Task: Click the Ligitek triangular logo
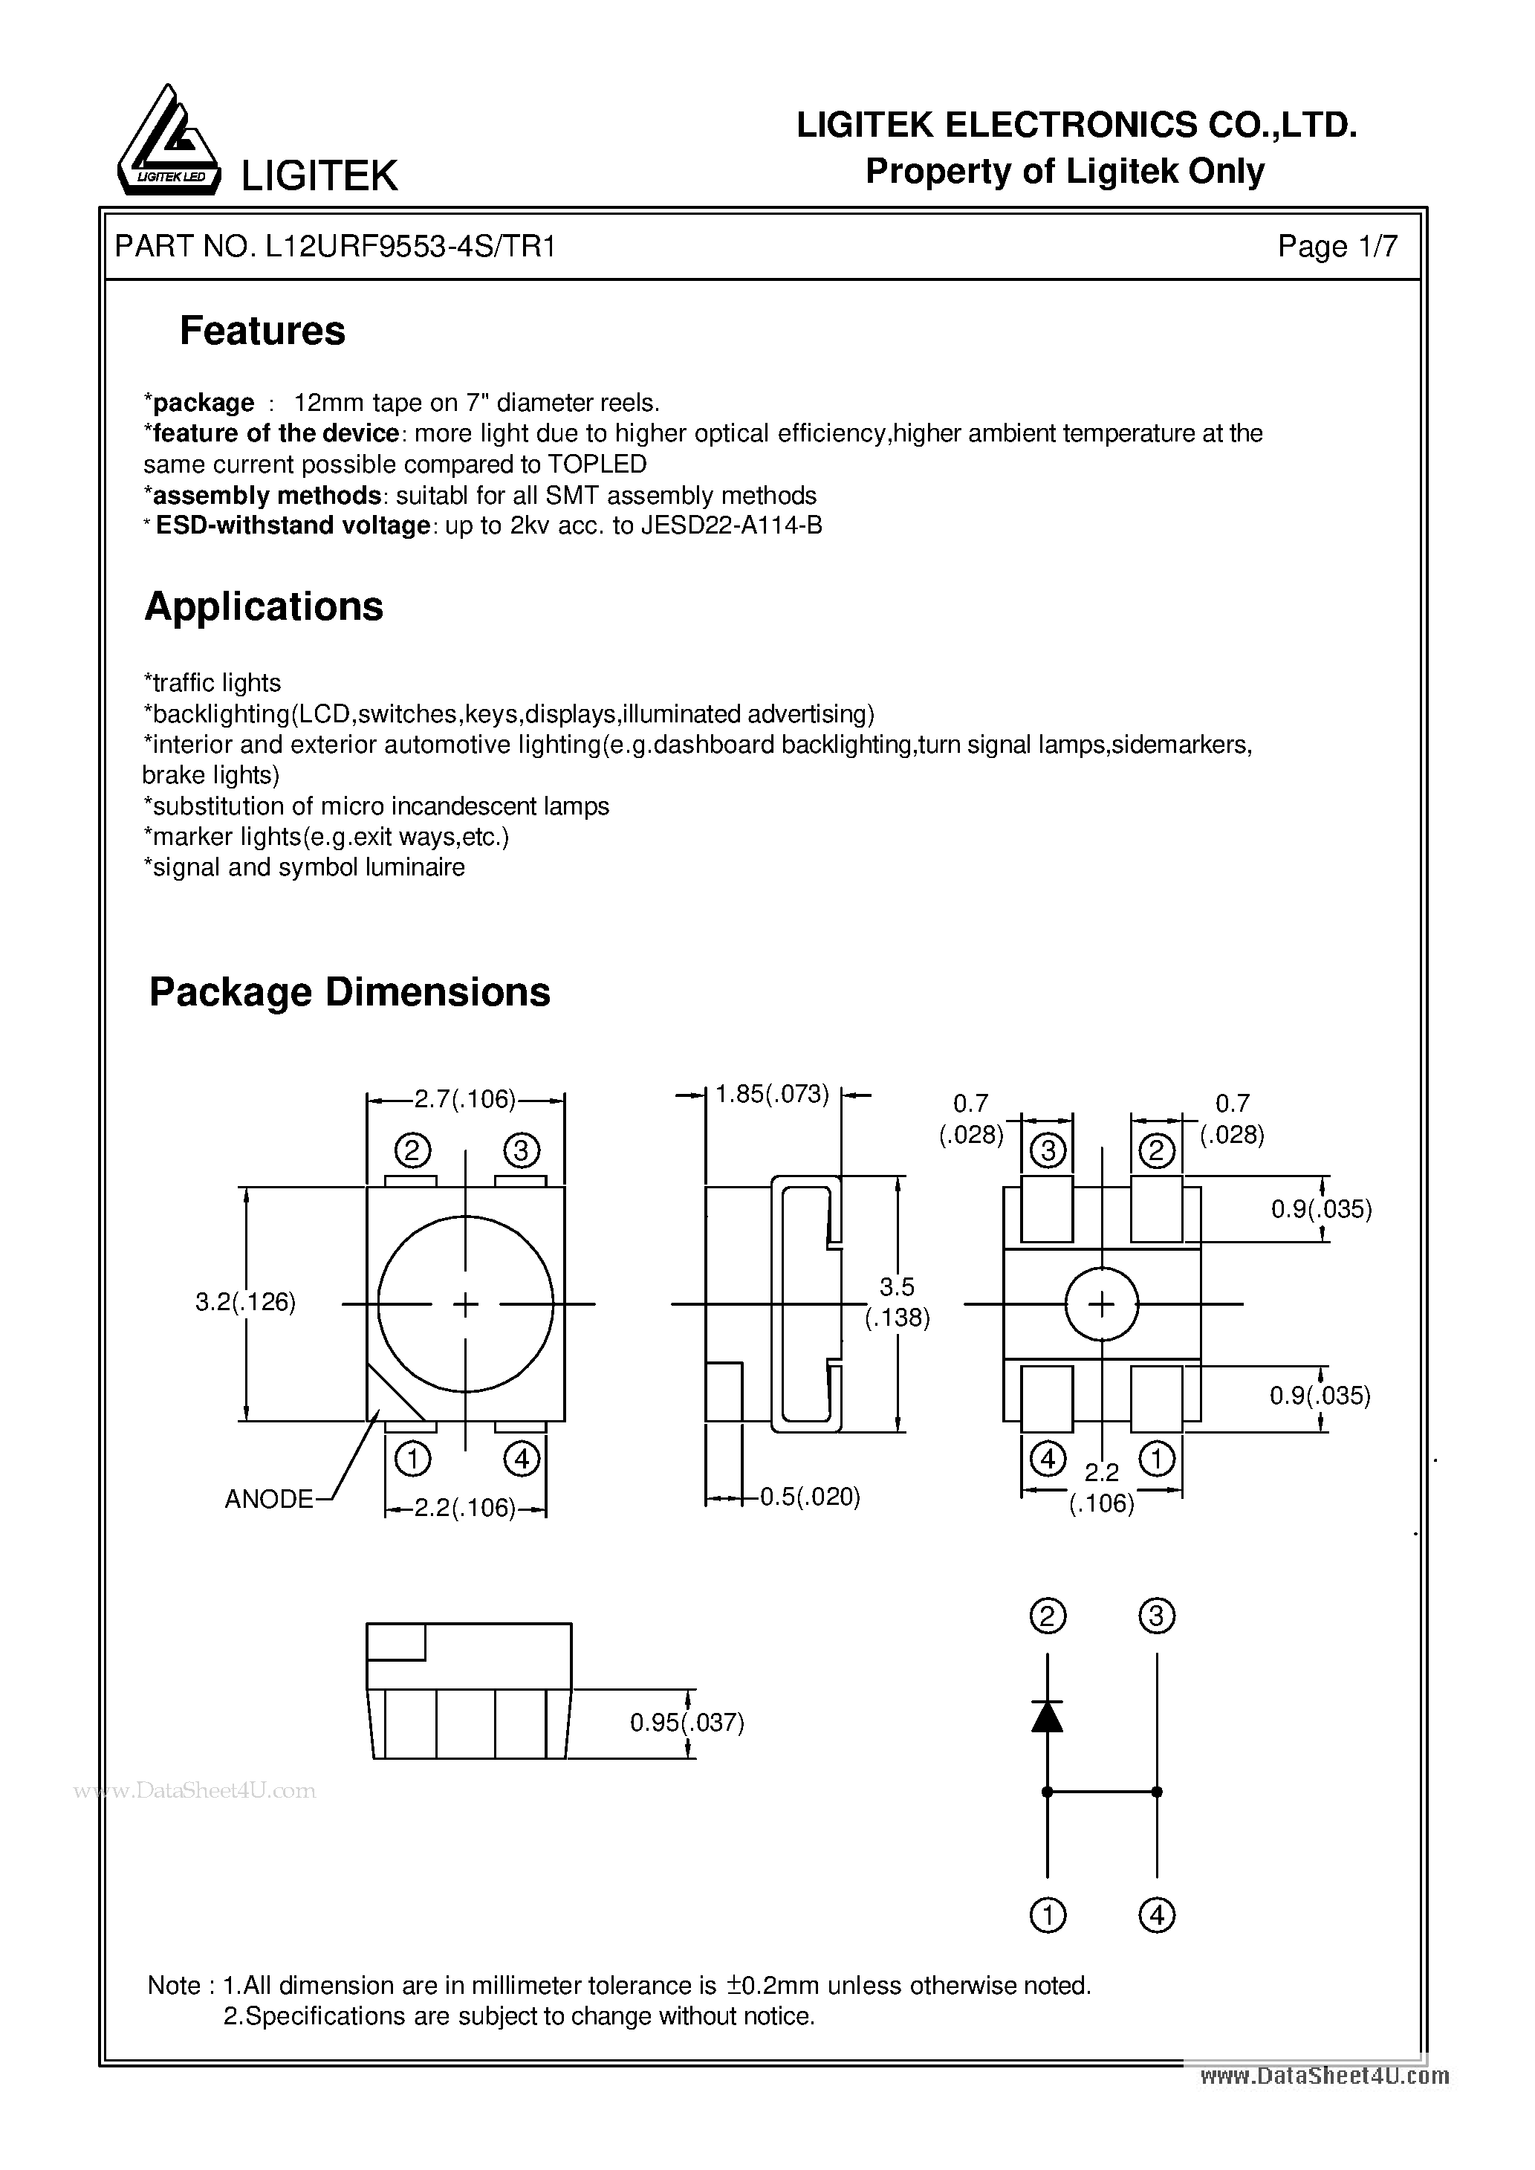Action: pyautogui.click(x=167, y=143)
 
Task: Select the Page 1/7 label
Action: pyautogui.click(x=1337, y=247)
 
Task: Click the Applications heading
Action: pyautogui.click(x=264, y=606)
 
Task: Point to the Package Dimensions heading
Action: pyautogui.click(x=350, y=992)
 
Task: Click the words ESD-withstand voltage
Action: pyautogui.click(x=292, y=525)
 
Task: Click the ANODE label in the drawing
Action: pyautogui.click(x=268, y=1499)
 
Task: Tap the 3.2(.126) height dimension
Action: pyautogui.click(x=244, y=1303)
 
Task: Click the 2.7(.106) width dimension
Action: pyautogui.click(x=464, y=1098)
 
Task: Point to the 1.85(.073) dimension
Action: pyautogui.click(x=771, y=1095)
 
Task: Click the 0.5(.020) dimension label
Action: pyautogui.click(x=810, y=1497)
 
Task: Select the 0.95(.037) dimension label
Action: pyautogui.click(x=687, y=1722)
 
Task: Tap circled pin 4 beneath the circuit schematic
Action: pyautogui.click(x=1157, y=1916)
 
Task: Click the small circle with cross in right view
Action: pyautogui.click(x=1101, y=1304)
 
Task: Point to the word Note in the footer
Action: pyautogui.click(x=174, y=1986)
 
